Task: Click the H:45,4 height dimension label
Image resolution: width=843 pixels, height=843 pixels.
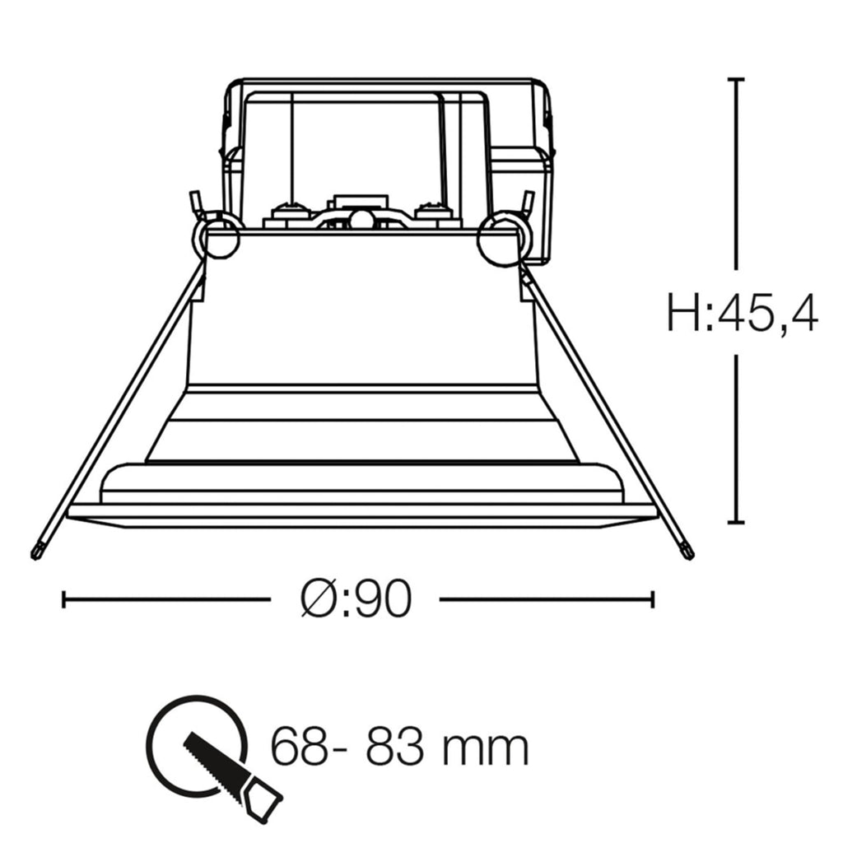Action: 743,313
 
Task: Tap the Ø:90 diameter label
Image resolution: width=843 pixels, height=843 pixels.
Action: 356,599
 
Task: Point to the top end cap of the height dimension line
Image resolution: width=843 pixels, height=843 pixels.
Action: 736,79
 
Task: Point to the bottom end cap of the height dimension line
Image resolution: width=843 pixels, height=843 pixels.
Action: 736,521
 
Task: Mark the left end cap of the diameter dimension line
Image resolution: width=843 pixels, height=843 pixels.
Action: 64,599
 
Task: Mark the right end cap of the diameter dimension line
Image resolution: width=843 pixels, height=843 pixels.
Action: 653,599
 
